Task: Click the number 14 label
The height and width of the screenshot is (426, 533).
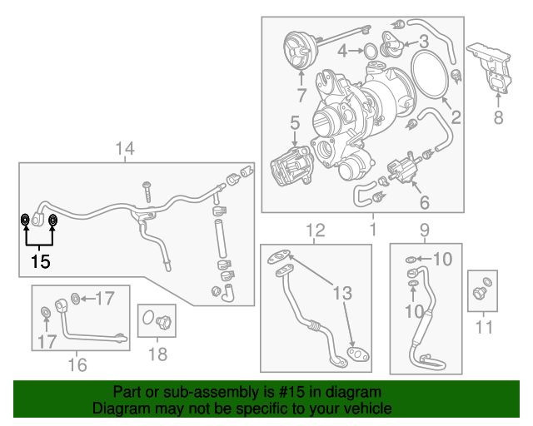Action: tap(124, 149)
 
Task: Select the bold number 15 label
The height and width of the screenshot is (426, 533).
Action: tap(40, 261)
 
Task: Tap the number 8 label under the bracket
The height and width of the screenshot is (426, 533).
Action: tap(498, 118)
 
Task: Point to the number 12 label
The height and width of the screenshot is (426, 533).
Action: tap(315, 230)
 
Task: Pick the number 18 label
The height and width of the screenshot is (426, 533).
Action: tap(157, 354)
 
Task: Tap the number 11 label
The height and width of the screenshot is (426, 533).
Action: tap(483, 328)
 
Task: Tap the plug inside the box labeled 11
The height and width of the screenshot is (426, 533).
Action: tap(481, 292)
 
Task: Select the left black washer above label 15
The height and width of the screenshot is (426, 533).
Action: tap(26, 220)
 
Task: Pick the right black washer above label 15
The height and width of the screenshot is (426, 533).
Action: tap(52, 220)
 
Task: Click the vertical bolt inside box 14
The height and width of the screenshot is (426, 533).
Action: tap(147, 191)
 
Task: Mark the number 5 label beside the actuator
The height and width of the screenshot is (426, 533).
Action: tap(295, 124)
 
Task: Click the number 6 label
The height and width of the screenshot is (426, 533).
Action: tap(424, 202)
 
